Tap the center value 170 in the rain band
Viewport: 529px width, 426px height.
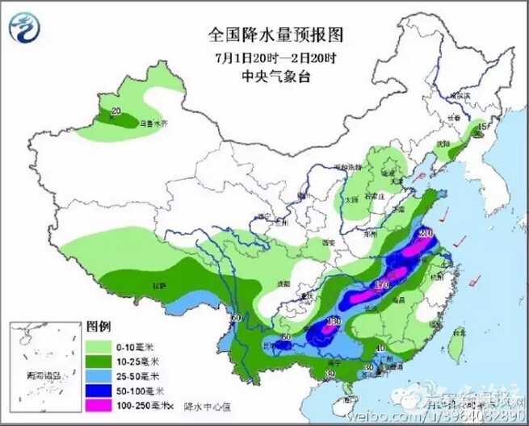pos(383,284)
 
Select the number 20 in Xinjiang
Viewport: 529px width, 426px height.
pos(115,111)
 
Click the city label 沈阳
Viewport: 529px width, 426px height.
pos(442,144)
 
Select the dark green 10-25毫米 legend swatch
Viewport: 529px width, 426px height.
pos(100,360)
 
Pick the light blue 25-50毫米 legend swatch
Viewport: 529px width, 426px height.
pos(100,375)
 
